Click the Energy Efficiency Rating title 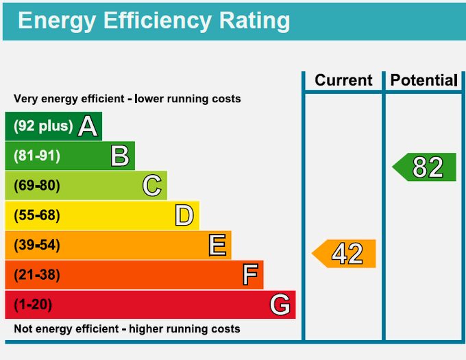[154, 21]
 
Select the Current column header [343, 80]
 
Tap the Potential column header [424, 80]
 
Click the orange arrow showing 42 [345, 254]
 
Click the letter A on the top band [88, 126]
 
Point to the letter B [120, 156]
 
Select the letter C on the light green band [152, 186]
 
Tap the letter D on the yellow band [184, 215]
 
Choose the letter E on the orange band [217, 245]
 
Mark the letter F [250, 275]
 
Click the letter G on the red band [280, 304]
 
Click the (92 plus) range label [43, 126]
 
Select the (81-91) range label [37, 156]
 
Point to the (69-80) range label [37, 186]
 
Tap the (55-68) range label [37, 215]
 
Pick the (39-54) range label [37, 245]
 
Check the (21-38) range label [37, 275]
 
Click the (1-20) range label [33, 304]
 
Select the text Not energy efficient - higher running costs [127, 329]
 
